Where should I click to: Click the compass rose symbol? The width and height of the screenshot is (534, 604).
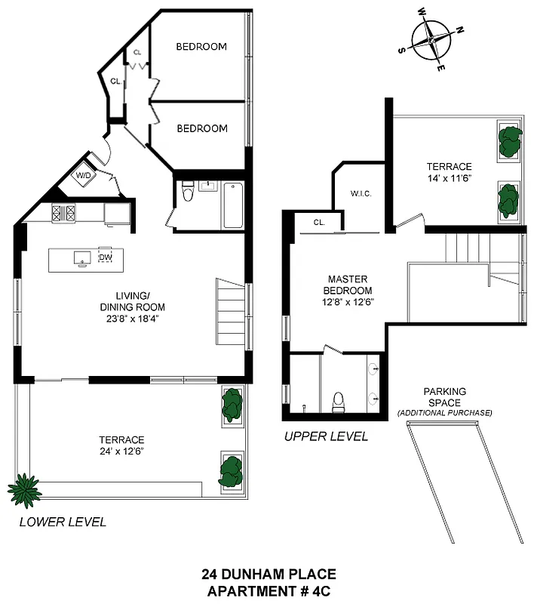pyautogui.click(x=431, y=41)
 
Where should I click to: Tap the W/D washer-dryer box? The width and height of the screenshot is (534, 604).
pyautogui.click(x=82, y=176)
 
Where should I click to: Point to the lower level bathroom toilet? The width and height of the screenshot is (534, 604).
pyautogui.click(x=189, y=195)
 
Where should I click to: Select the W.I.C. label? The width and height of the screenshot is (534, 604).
pyautogui.click(x=361, y=193)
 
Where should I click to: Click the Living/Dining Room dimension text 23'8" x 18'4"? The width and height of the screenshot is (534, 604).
pyautogui.click(x=132, y=319)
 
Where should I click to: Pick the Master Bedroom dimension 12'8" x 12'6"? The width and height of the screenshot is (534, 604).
pyautogui.click(x=348, y=303)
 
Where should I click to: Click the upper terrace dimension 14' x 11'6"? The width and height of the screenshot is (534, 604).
pyautogui.click(x=449, y=180)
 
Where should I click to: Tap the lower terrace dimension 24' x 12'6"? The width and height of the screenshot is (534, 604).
pyautogui.click(x=121, y=451)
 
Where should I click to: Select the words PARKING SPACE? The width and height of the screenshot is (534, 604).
pyautogui.click(x=444, y=397)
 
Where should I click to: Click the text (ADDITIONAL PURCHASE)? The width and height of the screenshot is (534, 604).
pyautogui.click(x=444, y=413)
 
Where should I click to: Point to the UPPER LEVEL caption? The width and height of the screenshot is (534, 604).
pyautogui.click(x=326, y=436)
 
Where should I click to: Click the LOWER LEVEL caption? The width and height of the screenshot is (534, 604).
pyautogui.click(x=63, y=522)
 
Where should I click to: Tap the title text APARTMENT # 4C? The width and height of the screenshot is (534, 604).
pyautogui.click(x=269, y=590)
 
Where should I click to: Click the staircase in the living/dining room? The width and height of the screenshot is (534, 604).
pyautogui.click(x=231, y=310)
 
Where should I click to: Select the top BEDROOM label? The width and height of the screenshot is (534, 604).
pyautogui.click(x=201, y=47)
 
